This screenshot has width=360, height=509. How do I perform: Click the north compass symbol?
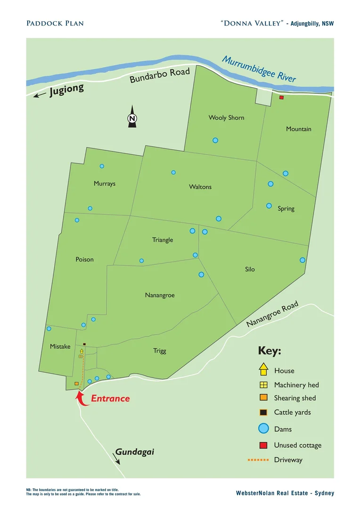point(132,117)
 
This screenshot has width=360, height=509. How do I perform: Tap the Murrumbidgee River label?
point(259,69)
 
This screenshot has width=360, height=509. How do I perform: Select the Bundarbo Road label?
point(160,76)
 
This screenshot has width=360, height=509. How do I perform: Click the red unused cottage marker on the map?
point(281,98)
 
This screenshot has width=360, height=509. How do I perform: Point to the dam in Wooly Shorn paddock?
point(215,140)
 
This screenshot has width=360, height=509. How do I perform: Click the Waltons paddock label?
point(200,187)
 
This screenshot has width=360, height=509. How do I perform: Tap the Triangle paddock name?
point(163,240)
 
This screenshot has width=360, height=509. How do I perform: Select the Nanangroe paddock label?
point(160,295)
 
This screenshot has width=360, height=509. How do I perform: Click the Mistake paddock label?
point(60,346)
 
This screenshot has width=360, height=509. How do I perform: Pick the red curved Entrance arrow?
point(82,399)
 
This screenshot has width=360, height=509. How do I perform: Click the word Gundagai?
point(135,452)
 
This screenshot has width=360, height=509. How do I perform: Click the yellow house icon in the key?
point(263,369)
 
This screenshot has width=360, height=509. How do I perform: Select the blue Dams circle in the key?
point(263,428)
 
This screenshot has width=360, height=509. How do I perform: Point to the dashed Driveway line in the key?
point(258,460)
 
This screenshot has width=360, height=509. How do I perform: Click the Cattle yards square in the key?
point(263,412)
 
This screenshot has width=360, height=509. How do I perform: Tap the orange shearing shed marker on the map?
point(76,384)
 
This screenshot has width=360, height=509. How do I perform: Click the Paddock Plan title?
point(55,23)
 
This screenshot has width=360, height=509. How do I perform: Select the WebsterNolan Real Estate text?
point(285,493)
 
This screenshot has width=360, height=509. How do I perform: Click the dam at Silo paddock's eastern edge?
point(303,260)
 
